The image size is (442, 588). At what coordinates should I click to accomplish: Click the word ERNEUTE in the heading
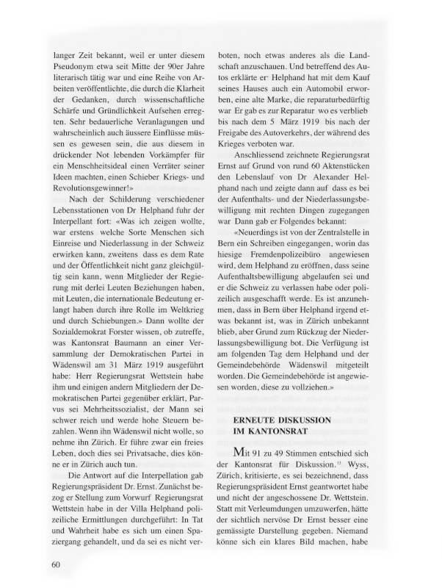pyautogui.click(x=256, y=419)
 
